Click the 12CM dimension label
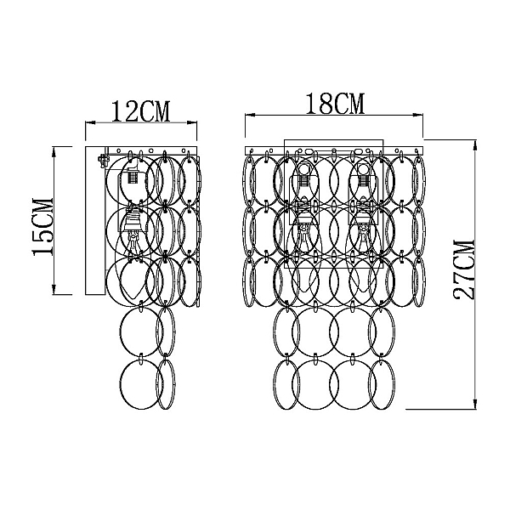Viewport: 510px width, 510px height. [x=141, y=111]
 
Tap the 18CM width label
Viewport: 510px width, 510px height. [x=336, y=104]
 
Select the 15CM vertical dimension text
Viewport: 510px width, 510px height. [x=42, y=226]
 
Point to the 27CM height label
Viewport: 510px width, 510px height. [x=464, y=269]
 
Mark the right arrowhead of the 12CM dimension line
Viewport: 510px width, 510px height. [x=193, y=122]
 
